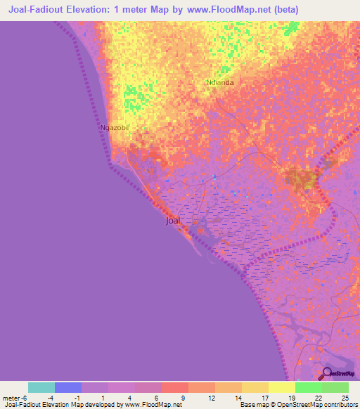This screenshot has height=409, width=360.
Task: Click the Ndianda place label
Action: pyautogui.click(x=219, y=82)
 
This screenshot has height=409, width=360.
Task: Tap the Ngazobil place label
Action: pyautogui.click(x=116, y=128)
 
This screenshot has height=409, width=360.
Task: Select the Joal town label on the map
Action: pyautogui.click(x=172, y=221)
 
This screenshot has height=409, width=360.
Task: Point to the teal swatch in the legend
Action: pyautogui.click(x=41, y=387)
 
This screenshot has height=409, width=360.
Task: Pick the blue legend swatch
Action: pyautogui.click(x=68, y=387)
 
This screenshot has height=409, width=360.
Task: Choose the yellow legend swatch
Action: pyautogui.click(x=281, y=387)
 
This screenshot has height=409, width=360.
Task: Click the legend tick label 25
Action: pyautogui.click(x=345, y=398)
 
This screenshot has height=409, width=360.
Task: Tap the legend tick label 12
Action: pyautogui.click(x=211, y=398)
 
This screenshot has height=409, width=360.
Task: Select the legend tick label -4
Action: pyautogui.click(x=51, y=398)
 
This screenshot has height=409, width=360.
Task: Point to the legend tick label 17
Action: pyautogui.click(x=264, y=398)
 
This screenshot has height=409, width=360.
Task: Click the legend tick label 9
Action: pyautogui.click(x=184, y=398)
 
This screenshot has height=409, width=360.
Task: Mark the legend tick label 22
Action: pyautogui.click(x=318, y=398)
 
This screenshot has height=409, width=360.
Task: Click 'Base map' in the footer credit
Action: pyautogui.click(x=252, y=405)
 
